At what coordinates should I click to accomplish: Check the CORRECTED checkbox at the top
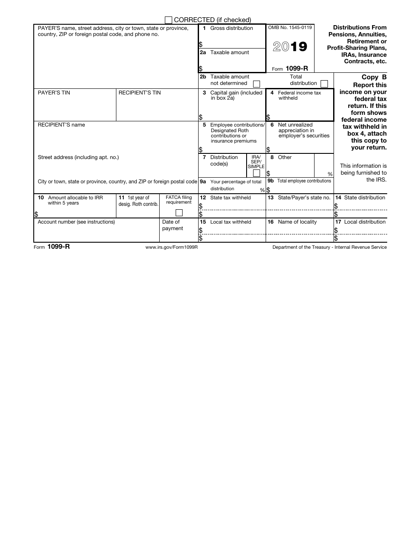click(x=169, y=20)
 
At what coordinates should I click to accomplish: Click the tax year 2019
click(x=290, y=47)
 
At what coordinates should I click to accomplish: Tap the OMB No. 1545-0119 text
click(x=290, y=28)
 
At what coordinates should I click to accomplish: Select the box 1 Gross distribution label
click(x=231, y=28)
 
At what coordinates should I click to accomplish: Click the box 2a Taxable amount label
click(x=229, y=52)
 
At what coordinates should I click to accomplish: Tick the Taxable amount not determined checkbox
click(x=256, y=84)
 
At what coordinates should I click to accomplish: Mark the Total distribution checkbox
click(x=324, y=84)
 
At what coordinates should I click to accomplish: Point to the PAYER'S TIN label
click(x=54, y=93)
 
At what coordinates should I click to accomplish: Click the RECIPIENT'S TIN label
click(x=139, y=93)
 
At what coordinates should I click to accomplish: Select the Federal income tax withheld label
click(x=299, y=95)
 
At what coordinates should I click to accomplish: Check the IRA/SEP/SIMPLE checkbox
click(x=256, y=173)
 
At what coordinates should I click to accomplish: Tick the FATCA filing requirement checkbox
click(x=179, y=213)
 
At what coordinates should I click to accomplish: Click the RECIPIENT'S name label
click(x=61, y=125)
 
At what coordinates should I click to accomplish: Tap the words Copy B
click(x=374, y=78)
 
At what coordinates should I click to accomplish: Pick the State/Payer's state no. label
click(x=299, y=198)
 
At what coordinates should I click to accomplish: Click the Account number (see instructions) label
click(x=76, y=222)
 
